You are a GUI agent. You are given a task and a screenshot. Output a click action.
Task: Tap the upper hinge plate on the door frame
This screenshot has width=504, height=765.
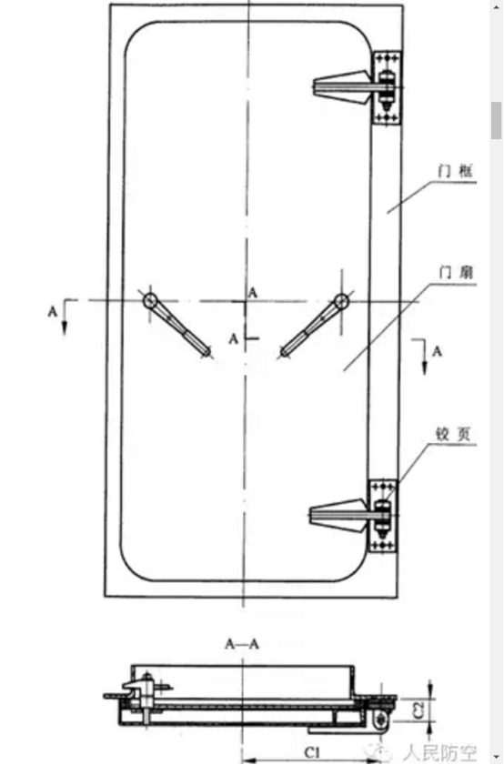386,88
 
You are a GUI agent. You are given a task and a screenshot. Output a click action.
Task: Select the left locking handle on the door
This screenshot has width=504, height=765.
179,326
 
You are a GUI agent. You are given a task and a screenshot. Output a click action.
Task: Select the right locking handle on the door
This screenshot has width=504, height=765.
311,326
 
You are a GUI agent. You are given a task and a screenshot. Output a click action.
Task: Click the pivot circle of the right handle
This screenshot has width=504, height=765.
341,301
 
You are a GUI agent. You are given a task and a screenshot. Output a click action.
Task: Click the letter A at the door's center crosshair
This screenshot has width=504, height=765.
253,291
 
